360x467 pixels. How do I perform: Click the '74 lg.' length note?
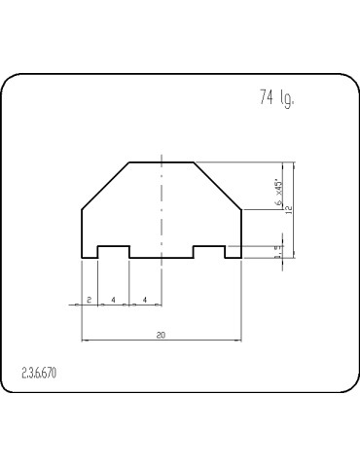[277, 98]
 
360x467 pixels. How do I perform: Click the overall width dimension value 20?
[161, 334]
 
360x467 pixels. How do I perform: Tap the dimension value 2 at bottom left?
[89, 299]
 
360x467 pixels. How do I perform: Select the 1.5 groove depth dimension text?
[278, 251]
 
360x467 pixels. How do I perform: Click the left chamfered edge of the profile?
[105, 185]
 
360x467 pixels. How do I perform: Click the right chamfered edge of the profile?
[218, 185]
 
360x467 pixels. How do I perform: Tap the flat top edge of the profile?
[162, 162]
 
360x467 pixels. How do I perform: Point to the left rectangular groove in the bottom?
[113, 251]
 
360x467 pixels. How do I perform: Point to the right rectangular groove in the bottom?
[209, 251]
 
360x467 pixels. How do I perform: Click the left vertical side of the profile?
[81, 233]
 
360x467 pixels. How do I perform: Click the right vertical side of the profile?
[241, 233]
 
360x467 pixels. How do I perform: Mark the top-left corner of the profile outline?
[129, 162]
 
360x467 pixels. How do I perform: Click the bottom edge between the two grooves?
[162, 258]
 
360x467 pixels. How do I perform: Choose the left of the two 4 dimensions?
[113, 299]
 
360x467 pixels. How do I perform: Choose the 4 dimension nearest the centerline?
[145, 299]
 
